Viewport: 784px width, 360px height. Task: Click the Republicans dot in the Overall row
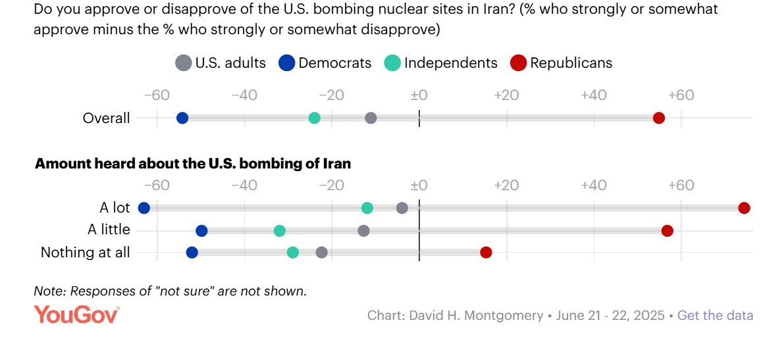[x=659, y=118]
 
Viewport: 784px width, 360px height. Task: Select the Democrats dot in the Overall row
[x=182, y=118]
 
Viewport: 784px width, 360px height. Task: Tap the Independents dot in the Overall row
[x=315, y=118]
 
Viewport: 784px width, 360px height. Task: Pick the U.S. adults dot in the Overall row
[x=371, y=118]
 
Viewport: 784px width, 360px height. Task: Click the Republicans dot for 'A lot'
[x=744, y=208]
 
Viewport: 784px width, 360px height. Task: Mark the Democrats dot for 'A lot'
[x=144, y=208]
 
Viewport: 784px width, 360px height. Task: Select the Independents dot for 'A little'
[x=280, y=230]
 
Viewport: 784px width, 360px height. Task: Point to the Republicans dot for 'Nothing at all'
[x=486, y=252]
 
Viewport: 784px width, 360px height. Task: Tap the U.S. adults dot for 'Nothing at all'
[x=321, y=252]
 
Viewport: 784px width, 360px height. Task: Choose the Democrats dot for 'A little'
[x=201, y=230]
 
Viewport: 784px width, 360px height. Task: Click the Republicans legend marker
[x=519, y=63]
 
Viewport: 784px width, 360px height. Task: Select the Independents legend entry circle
[x=393, y=63]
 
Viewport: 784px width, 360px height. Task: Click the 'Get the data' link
[x=715, y=315]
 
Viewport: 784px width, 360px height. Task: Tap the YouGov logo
[x=76, y=315]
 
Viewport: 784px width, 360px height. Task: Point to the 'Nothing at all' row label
[x=86, y=252]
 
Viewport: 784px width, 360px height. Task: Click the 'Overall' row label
[x=106, y=118]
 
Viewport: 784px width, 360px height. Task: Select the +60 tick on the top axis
[x=681, y=95]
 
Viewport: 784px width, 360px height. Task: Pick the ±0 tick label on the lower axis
[x=419, y=185]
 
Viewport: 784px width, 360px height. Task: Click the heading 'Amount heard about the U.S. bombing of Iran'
[x=193, y=164]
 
